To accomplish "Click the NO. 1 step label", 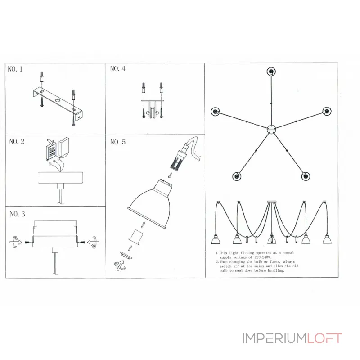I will pyautogui.click(x=15, y=69).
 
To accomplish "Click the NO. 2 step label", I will pyautogui.click(x=17, y=142).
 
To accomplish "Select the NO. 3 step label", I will pyautogui.click(x=17, y=214).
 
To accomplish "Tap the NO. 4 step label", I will pyautogui.click(x=117, y=69).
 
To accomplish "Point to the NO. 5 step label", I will pyautogui.click(x=117, y=142).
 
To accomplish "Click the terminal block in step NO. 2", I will pyautogui.click(x=51, y=148).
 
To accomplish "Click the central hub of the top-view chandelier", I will pyautogui.click(x=271, y=130).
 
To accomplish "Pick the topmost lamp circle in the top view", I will pyautogui.click(x=271, y=71).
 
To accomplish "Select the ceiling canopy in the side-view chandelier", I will pyautogui.click(x=271, y=201).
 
